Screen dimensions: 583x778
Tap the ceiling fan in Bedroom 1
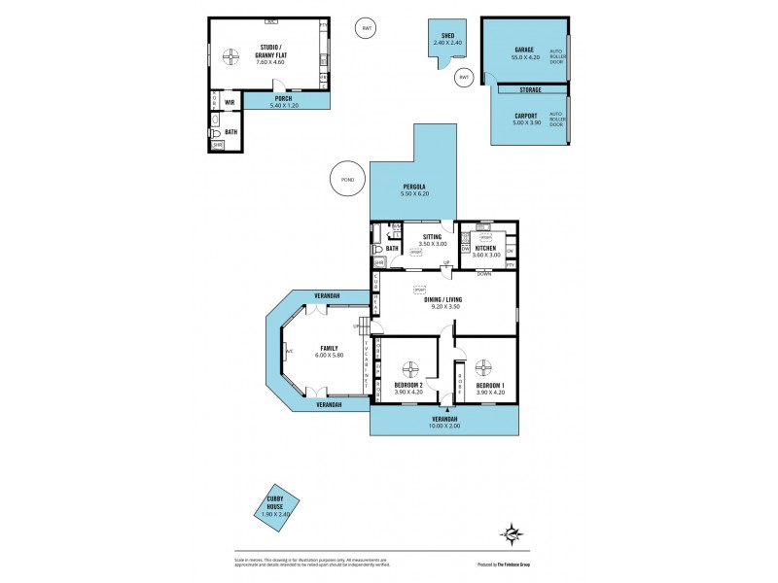(485, 367)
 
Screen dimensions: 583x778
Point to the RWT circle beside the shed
(464, 77)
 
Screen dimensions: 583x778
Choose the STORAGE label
(529, 89)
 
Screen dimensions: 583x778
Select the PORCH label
(283, 97)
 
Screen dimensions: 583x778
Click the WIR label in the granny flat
(230, 101)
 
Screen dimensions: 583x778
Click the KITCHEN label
(486, 249)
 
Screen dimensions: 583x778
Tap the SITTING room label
(431, 236)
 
